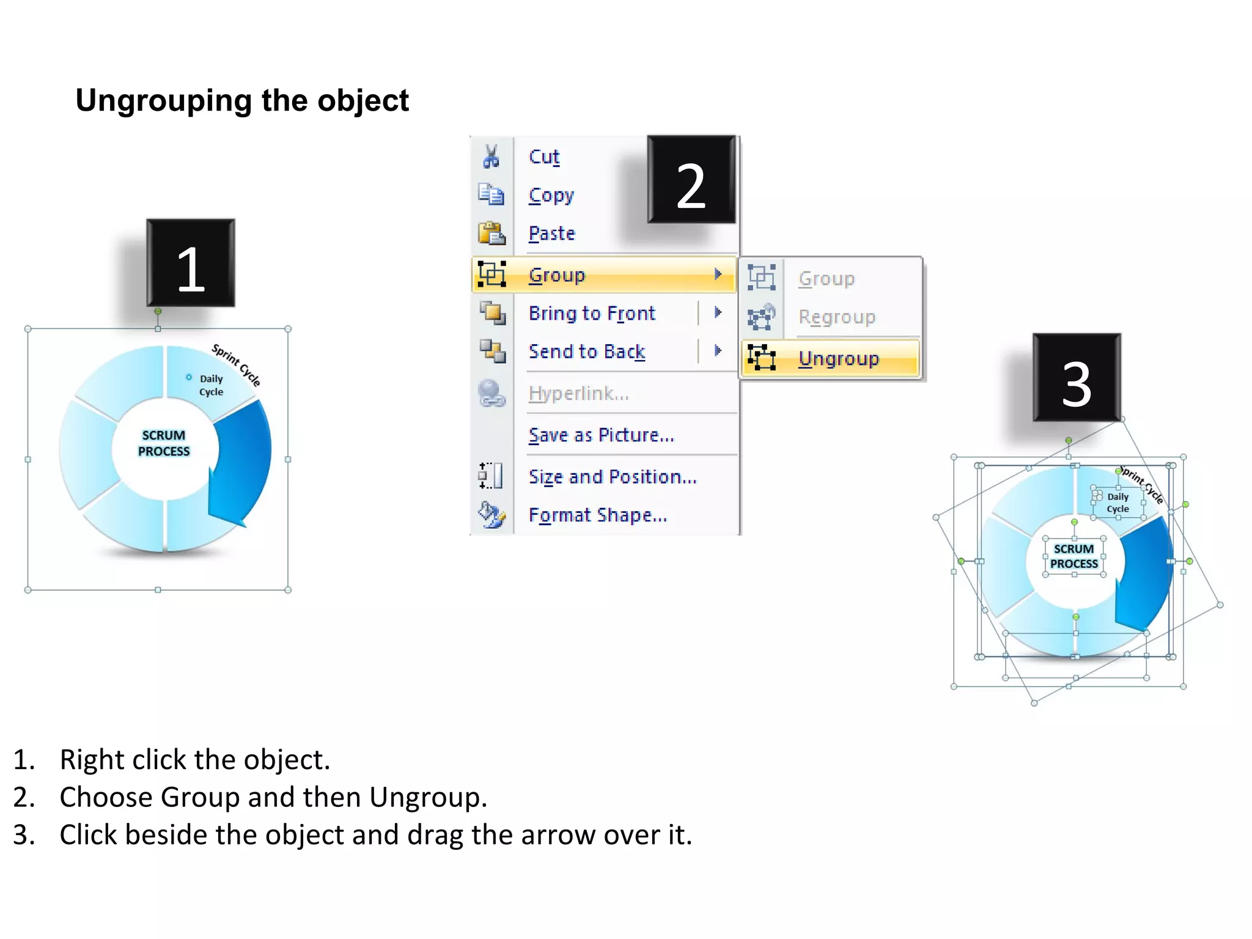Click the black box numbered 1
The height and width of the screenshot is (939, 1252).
(x=191, y=263)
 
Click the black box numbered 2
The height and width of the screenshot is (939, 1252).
(x=691, y=180)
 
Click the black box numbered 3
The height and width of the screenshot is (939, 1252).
(x=1077, y=378)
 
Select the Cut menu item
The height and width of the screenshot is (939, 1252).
(x=544, y=156)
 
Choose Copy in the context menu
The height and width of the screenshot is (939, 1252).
(x=551, y=195)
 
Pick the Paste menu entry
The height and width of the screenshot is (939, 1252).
(x=552, y=234)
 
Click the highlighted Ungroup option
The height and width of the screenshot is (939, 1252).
(x=838, y=358)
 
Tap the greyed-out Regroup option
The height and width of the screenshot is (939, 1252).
(x=837, y=317)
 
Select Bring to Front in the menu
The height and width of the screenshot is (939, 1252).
(x=592, y=313)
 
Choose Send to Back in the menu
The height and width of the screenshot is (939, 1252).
(x=587, y=352)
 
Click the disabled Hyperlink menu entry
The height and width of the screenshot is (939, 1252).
(x=578, y=393)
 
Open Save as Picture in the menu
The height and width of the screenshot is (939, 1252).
(x=601, y=435)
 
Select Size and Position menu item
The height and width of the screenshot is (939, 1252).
(x=613, y=476)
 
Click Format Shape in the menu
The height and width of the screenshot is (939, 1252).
(x=597, y=515)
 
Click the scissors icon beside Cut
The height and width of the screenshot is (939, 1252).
(x=491, y=156)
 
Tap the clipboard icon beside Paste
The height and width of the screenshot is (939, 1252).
(x=491, y=234)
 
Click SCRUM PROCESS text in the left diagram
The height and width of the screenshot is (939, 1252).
(x=164, y=443)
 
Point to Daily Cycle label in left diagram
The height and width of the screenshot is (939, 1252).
(x=211, y=385)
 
